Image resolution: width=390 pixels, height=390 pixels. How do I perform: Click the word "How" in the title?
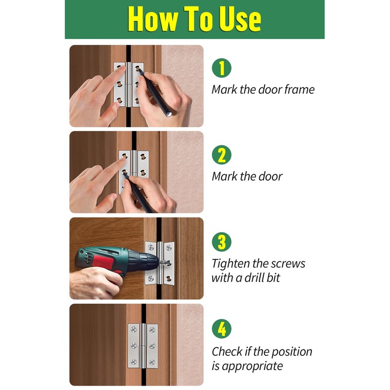pos(153,19)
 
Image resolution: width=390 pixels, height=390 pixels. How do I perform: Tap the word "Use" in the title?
pos(240,19)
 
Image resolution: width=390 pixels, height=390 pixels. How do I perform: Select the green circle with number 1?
pos(222,68)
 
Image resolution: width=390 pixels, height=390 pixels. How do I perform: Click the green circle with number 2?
pos(222,155)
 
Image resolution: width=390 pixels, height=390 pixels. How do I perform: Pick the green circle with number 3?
pos(222,242)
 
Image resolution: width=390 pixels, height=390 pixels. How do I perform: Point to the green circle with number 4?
pos(222,329)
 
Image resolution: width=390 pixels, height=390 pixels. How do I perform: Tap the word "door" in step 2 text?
pos(271,176)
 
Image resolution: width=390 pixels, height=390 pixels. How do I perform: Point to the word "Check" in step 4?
pos(227,351)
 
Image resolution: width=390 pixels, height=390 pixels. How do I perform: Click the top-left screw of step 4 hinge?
pos(134,330)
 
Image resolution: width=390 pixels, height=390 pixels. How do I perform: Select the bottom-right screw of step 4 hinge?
pos(152,362)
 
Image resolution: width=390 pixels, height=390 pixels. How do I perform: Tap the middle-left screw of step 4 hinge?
pos(134,346)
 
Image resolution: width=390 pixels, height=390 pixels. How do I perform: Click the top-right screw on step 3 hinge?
pos(169,248)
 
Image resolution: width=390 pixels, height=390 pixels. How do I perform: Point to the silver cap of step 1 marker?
pos(169,114)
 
